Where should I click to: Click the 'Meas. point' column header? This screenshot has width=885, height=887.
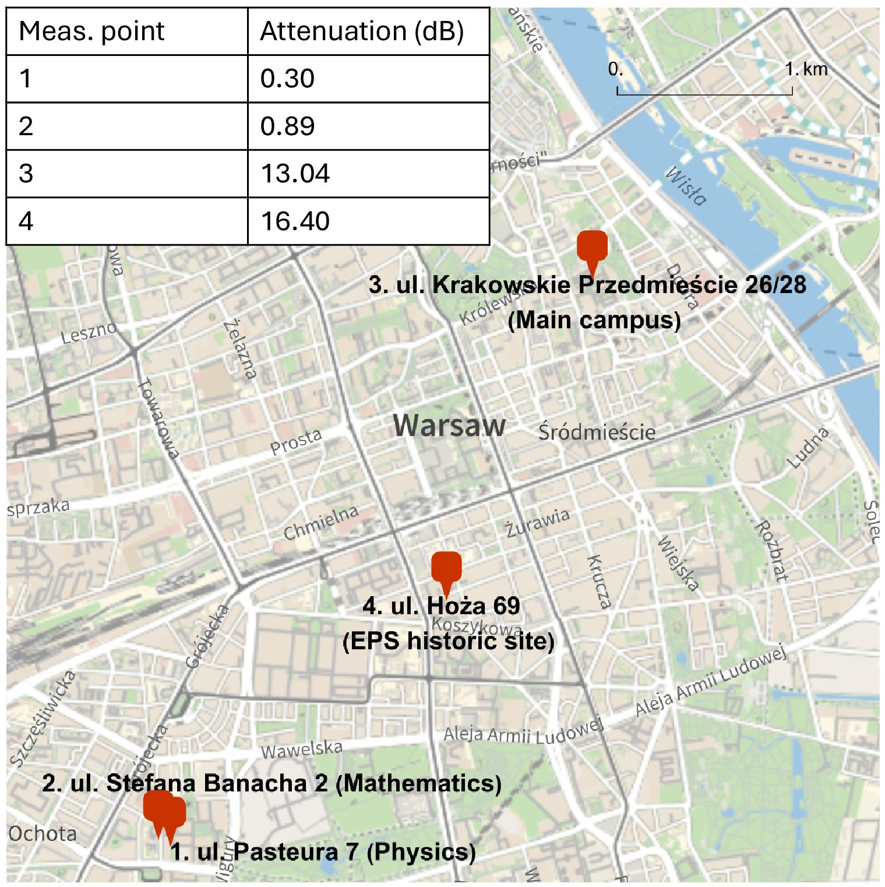click(91, 31)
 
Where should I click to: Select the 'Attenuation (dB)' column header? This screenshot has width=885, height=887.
click(361, 31)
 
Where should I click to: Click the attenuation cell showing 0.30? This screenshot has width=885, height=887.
click(287, 79)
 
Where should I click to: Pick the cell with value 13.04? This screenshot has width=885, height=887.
click(295, 174)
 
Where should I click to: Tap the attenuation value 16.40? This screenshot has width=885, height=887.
click(295, 221)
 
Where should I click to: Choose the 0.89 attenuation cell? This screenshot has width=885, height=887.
click(287, 126)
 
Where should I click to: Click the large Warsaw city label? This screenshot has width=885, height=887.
click(449, 425)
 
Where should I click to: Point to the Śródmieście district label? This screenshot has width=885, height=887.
click(597, 432)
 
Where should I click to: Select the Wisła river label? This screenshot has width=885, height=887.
click(687, 186)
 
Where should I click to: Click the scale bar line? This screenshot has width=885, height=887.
click(704, 94)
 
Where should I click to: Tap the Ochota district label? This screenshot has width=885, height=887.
click(43, 833)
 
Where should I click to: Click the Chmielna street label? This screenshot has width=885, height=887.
click(321, 523)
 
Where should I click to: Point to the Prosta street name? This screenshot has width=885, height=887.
click(296, 441)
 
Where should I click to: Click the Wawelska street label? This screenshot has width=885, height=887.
click(301, 749)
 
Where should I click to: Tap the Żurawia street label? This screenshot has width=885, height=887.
click(537, 522)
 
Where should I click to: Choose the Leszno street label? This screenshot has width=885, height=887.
click(89, 333)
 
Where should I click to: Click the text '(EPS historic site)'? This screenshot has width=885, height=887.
click(448, 641)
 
